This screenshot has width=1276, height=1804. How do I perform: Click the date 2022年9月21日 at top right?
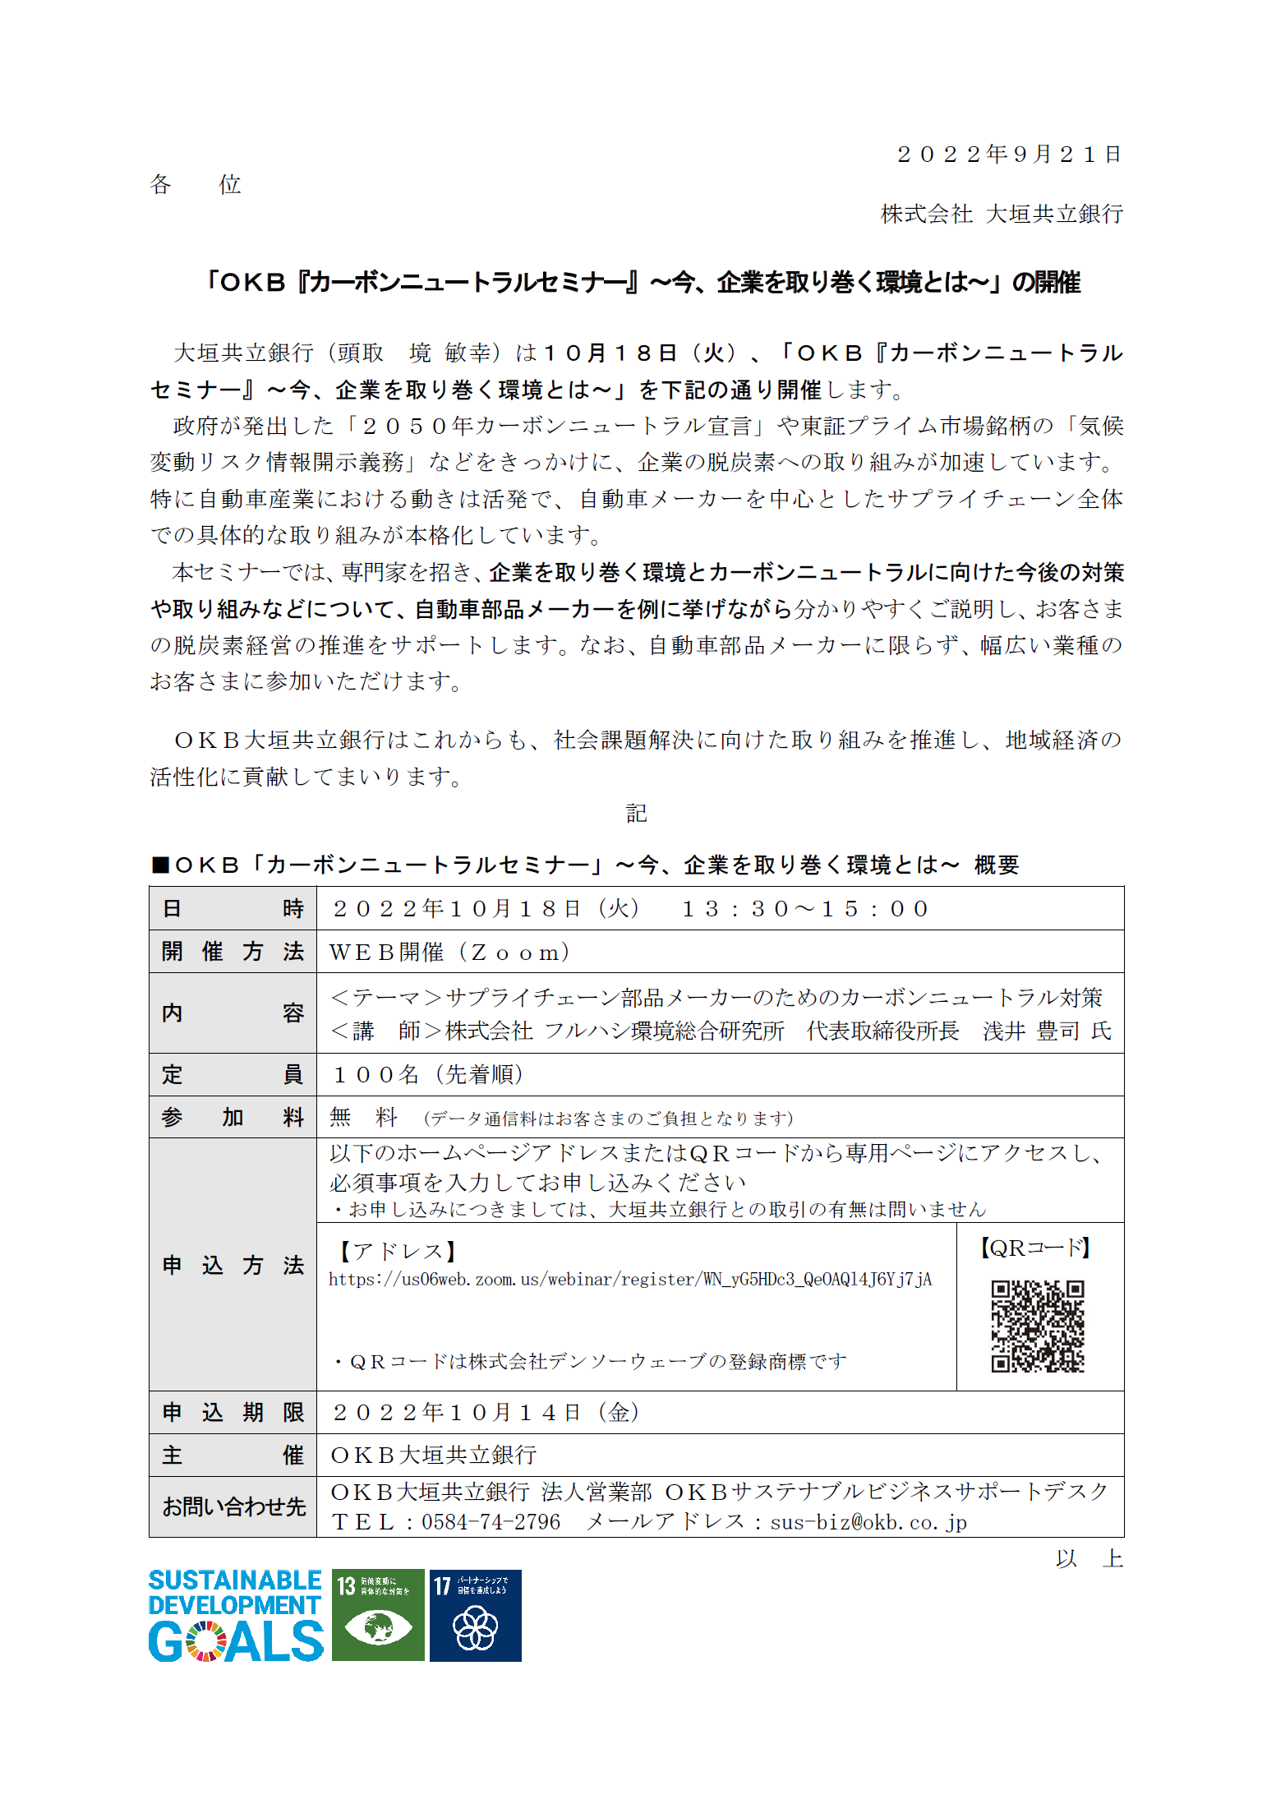click(x=1009, y=155)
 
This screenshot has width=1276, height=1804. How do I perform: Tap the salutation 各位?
click(x=196, y=184)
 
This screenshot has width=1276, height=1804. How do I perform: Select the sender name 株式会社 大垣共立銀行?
click(x=1002, y=214)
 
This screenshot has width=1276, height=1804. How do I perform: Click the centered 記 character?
click(x=637, y=813)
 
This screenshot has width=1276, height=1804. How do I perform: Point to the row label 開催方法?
click(x=233, y=952)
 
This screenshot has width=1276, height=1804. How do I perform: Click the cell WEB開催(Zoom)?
click(x=449, y=952)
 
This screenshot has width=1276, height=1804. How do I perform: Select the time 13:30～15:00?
click(x=805, y=908)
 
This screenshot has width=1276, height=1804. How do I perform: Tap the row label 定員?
click(x=233, y=1074)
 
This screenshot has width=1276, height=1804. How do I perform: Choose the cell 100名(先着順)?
click(x=427, y=1074)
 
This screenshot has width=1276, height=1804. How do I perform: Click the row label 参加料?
click(x=233, y=1117)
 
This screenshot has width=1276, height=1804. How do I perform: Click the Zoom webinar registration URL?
click(x=630, y=1280)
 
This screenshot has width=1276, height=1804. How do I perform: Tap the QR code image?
click(x=1038, y=1326)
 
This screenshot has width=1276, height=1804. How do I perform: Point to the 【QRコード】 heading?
click(x=1035, y=1248)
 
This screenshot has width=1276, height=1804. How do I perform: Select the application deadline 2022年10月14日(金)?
click(x=486, y=1412)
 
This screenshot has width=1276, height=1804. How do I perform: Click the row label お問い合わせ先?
click(x=233, y=1506)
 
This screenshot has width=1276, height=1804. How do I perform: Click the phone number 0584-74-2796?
click(x=491, y=1522)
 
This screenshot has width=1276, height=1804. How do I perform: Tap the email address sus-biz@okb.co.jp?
click(x=868, y=1522)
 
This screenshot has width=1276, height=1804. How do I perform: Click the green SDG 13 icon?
click(x=378, y=1615)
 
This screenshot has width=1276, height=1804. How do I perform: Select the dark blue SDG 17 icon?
click(x=475, y=1615)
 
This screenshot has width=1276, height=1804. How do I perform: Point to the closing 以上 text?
click(x=1089, y=1558)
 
